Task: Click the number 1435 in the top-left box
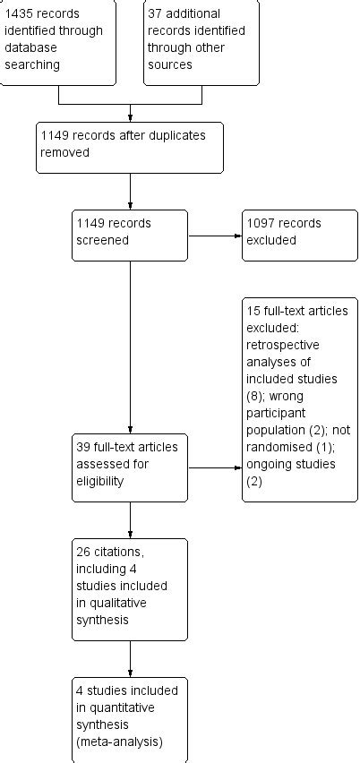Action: (18, 14)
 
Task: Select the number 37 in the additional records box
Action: (157, 14)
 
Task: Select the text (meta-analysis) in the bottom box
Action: (119, 741)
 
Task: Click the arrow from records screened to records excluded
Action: (215, 236)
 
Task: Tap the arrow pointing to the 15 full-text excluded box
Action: (215, 467)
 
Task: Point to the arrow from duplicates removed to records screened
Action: (131, 191)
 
